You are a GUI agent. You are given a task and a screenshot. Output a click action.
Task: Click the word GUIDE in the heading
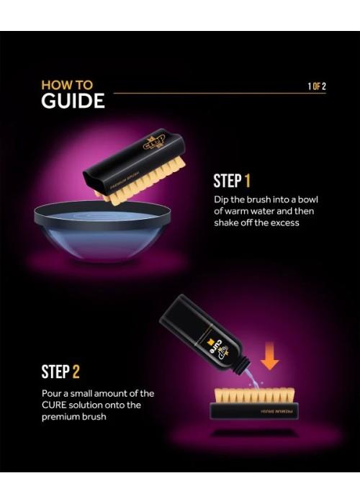(73, 101)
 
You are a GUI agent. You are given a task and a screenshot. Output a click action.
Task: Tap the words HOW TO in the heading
(67, 85)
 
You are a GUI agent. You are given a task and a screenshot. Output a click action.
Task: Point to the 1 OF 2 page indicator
(317, 86)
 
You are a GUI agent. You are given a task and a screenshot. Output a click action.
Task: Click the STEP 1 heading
(232, 181)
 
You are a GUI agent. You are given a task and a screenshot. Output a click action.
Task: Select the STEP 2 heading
(60, 372)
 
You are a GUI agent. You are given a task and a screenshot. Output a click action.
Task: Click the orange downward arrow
(269, 356)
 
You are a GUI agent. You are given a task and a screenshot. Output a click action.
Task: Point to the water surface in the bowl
(103, 215)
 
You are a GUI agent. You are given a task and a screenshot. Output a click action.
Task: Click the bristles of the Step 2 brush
(254, 395)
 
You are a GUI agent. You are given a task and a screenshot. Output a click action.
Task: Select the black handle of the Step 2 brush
(254, 411)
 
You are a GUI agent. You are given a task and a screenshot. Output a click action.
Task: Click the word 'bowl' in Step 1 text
(307, 199)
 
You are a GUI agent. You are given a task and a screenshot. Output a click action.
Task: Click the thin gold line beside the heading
(220, 93)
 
